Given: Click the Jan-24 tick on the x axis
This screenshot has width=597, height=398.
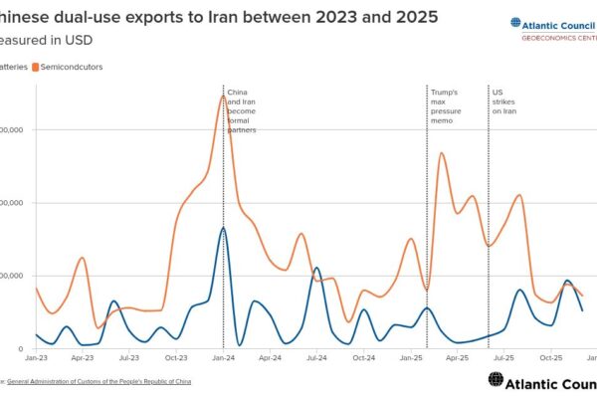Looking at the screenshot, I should pyautogui.click(x=223, y=356).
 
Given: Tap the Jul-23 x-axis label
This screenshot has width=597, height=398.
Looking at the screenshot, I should pyautogui.click(x=128, y=356).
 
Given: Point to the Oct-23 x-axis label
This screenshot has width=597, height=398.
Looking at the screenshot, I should pyautogui.click(x=176, y=356).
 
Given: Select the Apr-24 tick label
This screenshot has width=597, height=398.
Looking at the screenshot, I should pyautogui.click(x=270, y=356).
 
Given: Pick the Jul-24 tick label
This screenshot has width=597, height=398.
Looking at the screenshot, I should pyautogui.click(x=316, y=356).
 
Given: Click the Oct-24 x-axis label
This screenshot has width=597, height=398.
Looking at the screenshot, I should pyautogui.click(x=364, y=356).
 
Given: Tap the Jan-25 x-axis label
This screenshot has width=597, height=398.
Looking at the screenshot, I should pyautogui.click(x=412, y=356).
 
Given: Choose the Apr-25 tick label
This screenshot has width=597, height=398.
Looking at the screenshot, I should pyautogui.click(x=458, y=356).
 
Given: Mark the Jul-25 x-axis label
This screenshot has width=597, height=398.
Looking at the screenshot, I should pyautogui.click(x=504, y=356).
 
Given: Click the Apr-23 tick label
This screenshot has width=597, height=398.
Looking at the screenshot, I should pyautogui.click(x=83, y=356).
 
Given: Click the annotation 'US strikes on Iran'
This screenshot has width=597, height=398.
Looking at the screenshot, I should pyautogui.click(x=504, y=101).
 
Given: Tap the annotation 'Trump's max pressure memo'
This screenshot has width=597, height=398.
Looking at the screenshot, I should pyautogui.click(x=445, y=105).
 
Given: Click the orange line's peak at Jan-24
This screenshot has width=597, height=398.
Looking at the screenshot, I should pyautogui.click(x=223, y=96).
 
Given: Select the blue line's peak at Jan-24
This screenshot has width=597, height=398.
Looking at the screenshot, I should pyautogui.click(x=223, y=228).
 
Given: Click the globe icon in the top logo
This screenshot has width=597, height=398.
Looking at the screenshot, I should pyautogui.click(x=515, y=22).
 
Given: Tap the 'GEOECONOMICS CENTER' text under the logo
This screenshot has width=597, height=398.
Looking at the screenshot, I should pyautogui.click(x=558, y=37).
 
